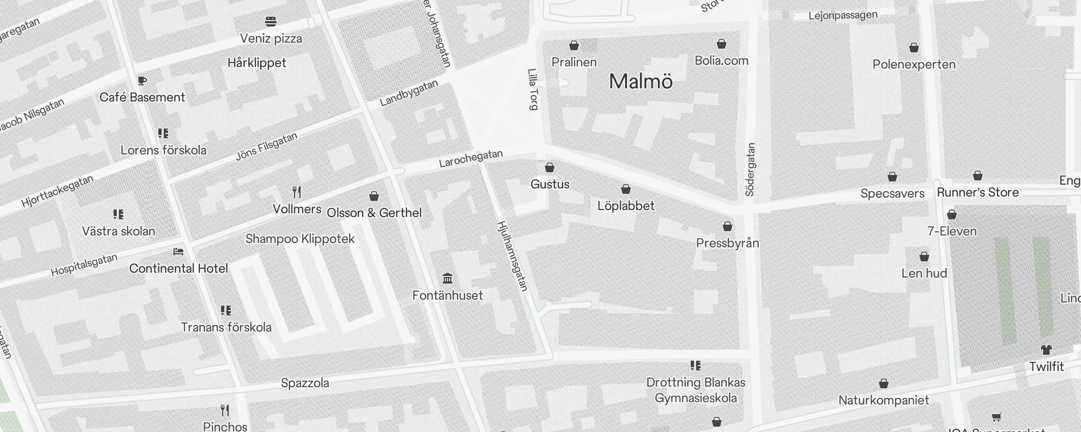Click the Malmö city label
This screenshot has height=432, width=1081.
point(640,82)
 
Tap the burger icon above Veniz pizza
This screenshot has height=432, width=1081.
point(271,22)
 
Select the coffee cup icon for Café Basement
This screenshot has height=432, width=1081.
point(142,81)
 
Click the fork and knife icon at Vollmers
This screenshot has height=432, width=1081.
point(297,192)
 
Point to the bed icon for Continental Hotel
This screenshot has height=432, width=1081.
point(178,252)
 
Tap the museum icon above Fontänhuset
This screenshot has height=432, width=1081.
point(448,279)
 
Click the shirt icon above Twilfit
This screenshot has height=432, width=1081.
point(1046,350)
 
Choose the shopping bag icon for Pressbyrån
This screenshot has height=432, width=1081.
point(728,226)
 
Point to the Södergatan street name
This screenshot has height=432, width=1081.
point(750,169)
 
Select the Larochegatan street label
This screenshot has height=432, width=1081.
point(471,158)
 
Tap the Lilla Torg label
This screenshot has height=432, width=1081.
point(533,89)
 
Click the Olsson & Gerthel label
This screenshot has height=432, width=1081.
point(374,213)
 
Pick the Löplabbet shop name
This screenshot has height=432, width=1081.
point(626,206)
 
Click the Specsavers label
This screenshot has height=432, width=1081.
point(892,193)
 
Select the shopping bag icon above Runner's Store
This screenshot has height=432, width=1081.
point(978,176)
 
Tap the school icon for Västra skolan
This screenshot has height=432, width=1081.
point(118,214)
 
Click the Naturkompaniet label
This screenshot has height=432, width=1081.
point(884,400)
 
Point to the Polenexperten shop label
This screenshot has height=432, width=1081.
point(914,64)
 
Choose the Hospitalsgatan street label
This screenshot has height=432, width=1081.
point(84,265)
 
